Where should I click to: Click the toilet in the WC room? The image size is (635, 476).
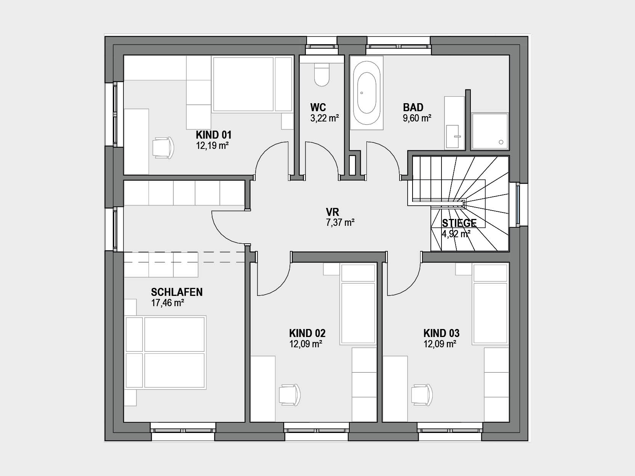pyautogui.click(x=322, y=75)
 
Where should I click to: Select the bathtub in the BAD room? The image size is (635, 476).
pyautogui.click(x=366, y=93)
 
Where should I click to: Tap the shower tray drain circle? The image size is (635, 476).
pyautogui.click(x=501, y=142)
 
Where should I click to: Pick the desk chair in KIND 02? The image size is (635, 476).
pyautogui.click(x=290, y=395)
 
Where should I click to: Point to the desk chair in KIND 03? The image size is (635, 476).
pyautogui.click(x=422, y=395)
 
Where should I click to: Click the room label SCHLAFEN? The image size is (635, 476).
pyautogui.click(x=177, y=292)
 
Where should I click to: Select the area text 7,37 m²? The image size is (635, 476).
pyautogui.click(x=340, y=223)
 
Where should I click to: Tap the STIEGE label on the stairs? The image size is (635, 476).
pyautogui.click(x=459, y=223)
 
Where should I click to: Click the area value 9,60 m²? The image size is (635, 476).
pyautogui.click(x=417, y=118)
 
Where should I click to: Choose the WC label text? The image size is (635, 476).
pyautogui.click(x=318, y=107)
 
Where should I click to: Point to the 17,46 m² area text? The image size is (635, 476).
pyautogui.click(x=168, y=303)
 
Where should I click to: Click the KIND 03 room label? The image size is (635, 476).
pyautogui.click(x=441, y=333)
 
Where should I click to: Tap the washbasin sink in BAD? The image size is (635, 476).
pyautogui.click(x=453, y=136)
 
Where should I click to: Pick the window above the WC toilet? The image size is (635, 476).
pyautogui.click(x=322, y=46)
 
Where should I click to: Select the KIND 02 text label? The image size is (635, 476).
pyautogui.click(x=307, y=333)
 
